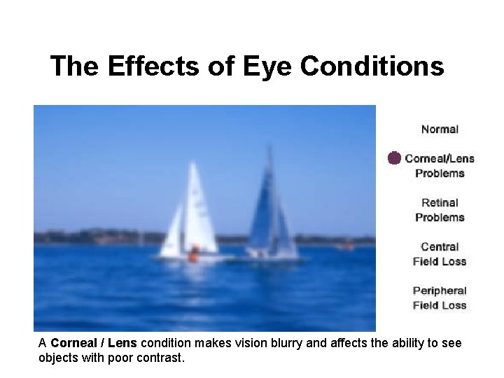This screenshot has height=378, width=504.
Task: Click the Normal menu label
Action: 440,129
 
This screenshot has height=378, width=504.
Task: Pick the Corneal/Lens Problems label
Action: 440,165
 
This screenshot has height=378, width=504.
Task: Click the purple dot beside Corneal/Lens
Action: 395,158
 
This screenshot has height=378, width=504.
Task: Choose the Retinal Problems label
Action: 440,210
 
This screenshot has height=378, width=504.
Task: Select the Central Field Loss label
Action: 440,254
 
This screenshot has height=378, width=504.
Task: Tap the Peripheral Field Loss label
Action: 440,297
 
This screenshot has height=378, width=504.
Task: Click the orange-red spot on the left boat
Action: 192,255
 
